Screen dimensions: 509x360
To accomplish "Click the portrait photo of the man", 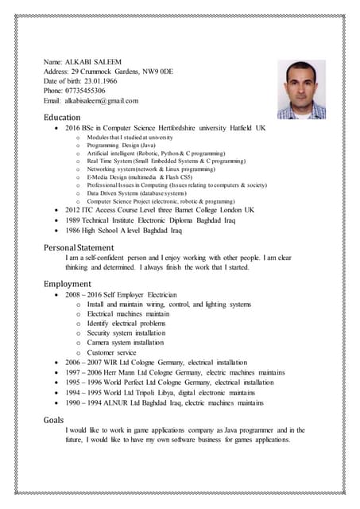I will pos(302,90).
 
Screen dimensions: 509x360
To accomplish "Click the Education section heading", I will pos(62,117).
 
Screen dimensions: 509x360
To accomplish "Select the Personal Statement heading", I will pos(79,247).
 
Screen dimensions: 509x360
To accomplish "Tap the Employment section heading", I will pos(68,283).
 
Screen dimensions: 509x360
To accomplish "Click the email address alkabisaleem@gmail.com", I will pos(101,100).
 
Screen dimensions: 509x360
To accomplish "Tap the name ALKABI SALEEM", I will pos(99,61).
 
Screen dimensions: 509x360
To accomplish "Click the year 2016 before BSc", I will pos(73,128).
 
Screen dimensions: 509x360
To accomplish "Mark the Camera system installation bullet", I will pos(126,343).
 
